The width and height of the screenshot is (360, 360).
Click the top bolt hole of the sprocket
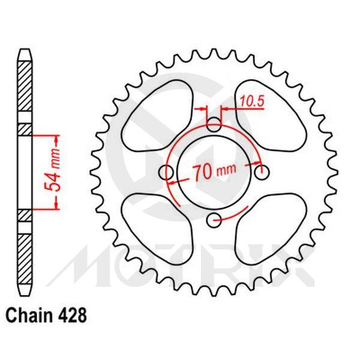pyautogui.click(x=214, y=125)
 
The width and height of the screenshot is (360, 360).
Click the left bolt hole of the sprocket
pyautogui.click(x=166, y=173)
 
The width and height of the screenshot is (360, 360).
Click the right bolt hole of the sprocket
pyautogui.click(x=262, y=173)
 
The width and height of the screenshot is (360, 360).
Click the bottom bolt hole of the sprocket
pyautogui.click(x=214, y=221)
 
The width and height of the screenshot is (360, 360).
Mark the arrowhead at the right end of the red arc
pyautogui.click(x=260, y=163)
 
